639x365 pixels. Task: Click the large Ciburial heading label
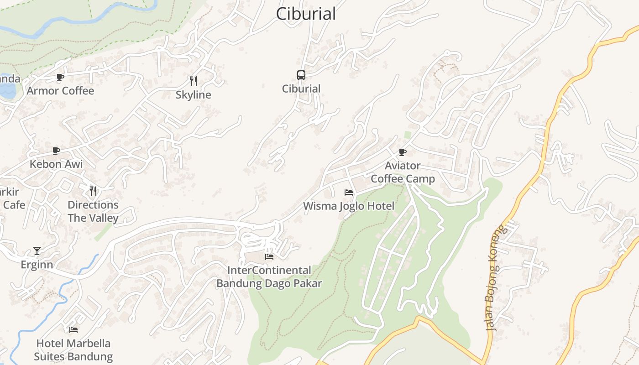(x=306, y=14)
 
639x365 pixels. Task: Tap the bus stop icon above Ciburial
(x=301, y=75)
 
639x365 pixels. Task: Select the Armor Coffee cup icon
(x=60, y=77)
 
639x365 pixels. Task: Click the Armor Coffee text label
(x=60, y=91)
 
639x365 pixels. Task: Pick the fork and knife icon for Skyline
(x=194, y=81)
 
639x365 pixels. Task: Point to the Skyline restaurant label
(x=194, y=95)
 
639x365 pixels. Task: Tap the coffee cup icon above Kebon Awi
(x=56, y=151)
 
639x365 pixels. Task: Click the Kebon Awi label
(x=56, y=164)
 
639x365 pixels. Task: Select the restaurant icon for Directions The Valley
(x=93, y=191)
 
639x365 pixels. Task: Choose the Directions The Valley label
(x=93, y=211)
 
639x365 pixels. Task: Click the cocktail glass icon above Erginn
(x=37, y=251)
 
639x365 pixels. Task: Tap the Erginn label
(x=37, y=265)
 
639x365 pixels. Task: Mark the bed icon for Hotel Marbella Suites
(x=73, y=329)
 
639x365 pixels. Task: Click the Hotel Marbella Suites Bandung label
(x=73, y=350)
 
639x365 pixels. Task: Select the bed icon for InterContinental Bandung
(x=269, y=256)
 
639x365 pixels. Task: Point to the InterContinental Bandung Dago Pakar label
(x=269, y=277)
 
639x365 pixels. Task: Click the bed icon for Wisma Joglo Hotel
(x=349, y=193)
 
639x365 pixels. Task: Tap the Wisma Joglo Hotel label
(x=349, y=206)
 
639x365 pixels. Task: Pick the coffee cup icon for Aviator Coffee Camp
(x=402, y=151)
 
